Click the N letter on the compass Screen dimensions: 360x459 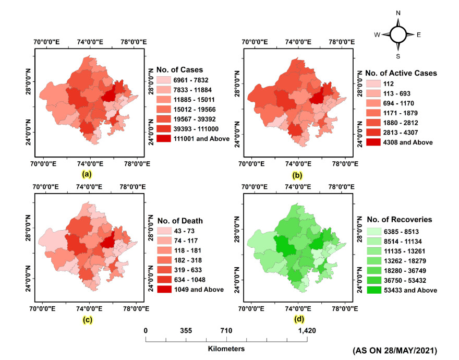click(398, 12)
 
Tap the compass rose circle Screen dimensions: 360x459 click(398, 34)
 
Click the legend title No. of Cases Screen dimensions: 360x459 click(179, 69)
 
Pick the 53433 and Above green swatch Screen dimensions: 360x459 click(373, 289)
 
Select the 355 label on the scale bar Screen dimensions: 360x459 click(186, 331)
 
